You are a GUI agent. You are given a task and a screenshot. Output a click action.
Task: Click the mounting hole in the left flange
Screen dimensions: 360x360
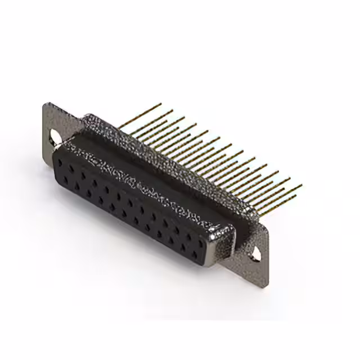point(56,137)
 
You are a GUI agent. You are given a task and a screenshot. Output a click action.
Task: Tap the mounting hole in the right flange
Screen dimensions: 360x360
point(256,253)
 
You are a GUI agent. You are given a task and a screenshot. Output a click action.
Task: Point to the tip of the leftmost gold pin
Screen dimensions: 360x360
point(160,104)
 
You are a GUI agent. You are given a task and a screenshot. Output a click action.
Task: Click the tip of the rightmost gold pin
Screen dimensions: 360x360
point(301,185)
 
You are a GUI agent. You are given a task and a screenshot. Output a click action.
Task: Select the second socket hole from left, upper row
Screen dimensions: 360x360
point(71,170)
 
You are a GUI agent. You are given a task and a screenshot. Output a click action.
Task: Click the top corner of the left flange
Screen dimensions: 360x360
point(47,103)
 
